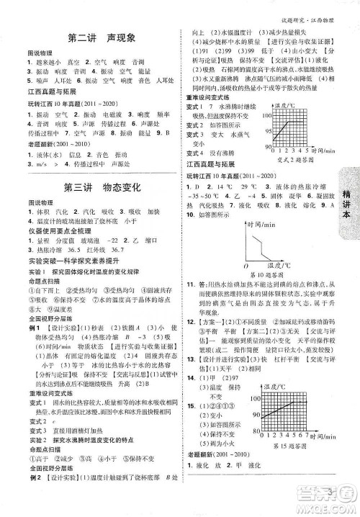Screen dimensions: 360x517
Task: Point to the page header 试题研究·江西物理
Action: (315, 11)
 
